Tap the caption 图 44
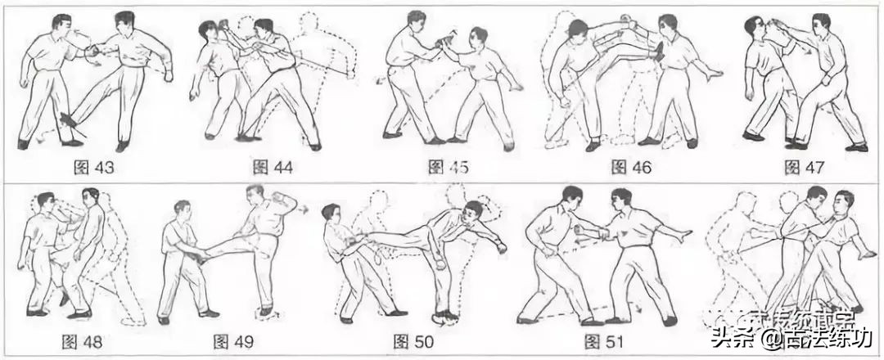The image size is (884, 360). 273,169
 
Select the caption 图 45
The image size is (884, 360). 448,169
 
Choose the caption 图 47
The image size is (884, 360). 803,169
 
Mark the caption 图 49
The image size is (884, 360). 232,340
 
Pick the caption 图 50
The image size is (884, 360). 413,340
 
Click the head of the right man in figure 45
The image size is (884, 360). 478,38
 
